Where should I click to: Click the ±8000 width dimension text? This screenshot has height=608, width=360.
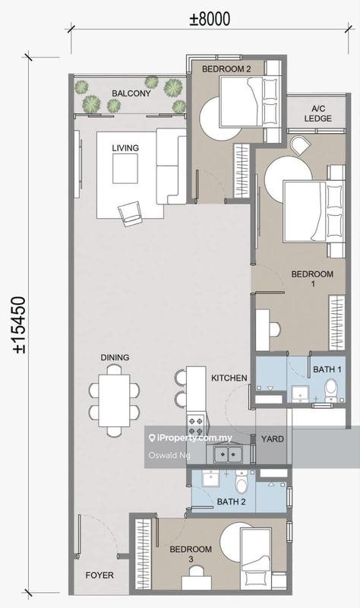click(210, 19)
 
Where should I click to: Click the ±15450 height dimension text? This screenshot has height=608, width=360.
click(19, 325)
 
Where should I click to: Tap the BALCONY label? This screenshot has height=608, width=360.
click(131, 93)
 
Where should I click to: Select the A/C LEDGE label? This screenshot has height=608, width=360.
click(317, 113)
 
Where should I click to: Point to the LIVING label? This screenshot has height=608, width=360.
click(125, 147)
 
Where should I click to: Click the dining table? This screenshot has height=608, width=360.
click(114, 401)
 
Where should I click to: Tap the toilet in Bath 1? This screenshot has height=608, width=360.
click(331, 390)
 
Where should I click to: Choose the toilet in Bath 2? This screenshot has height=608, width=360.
click(242, 482)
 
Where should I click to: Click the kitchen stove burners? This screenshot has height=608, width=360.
click(195, 426)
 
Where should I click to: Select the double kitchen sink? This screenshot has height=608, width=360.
click(229, 454)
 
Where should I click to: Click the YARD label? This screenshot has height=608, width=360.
click(272, 439)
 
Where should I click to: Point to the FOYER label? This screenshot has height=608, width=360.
click(99, 575)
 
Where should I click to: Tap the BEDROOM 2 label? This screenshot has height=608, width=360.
click(226, 69)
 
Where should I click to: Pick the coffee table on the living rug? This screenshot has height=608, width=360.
click(125, 169)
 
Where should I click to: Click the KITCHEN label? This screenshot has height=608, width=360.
click(229, 378)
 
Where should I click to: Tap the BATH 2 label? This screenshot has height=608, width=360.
click(231, 502)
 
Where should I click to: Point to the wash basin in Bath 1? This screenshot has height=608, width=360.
click(299, 394)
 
